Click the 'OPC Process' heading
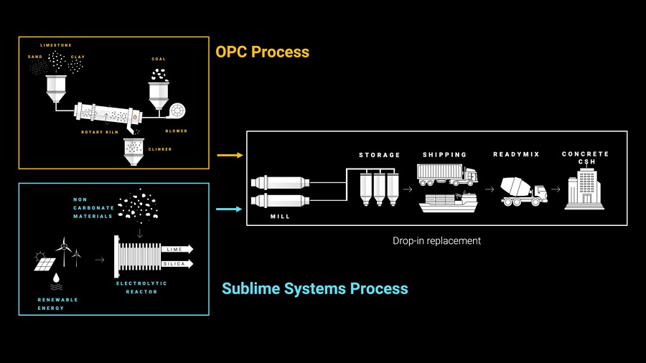[x=262, y=52]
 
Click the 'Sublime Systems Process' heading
[x=314, y=289]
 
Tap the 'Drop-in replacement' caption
[x=436, y=241]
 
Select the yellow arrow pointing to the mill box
[x=229, y=155]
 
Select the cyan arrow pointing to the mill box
[x=229, y=209]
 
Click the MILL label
[x=281, y=217]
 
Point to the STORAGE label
[x=380, y=155]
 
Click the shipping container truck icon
[x=446, y=174]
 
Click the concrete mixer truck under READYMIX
[x=525, y=190]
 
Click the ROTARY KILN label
[x=99, y=132]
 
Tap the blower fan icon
[x=177, y=111]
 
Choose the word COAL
[x=159, y=59]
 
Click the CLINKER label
[x=160, y=149]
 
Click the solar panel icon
[x=44, y=263]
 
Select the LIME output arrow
[x=177, y=249]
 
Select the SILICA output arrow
[x=177, y=264]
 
